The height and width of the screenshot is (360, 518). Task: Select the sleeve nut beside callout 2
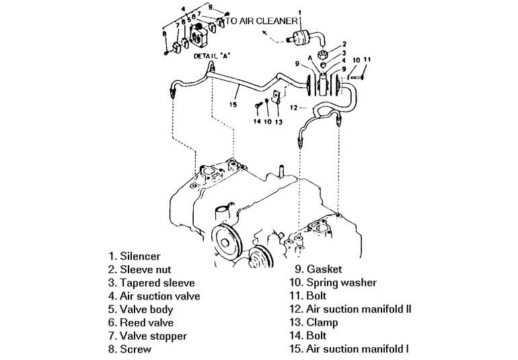[324, 55]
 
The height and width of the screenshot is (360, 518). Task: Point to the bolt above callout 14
[259, 106]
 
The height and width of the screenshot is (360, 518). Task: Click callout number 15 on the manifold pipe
[232, 104]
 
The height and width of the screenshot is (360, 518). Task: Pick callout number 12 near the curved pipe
[294, 108]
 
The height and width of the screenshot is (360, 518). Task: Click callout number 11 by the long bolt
[367, 59]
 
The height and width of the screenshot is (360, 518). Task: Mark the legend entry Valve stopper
[147, 336]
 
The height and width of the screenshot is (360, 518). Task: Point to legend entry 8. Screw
[130, 349]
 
